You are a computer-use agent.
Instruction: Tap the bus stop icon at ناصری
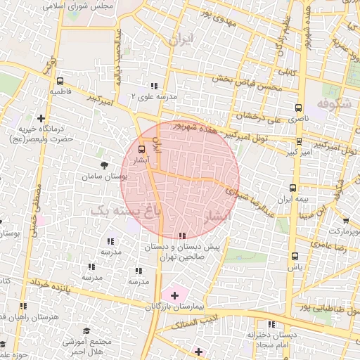point(299,108)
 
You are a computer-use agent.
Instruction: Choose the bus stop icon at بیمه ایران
point(293,188)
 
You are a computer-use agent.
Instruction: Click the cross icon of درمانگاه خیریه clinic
point(41,118)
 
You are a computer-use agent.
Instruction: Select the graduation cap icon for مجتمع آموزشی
point(86,330)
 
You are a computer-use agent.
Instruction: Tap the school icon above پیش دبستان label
point(183,236)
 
